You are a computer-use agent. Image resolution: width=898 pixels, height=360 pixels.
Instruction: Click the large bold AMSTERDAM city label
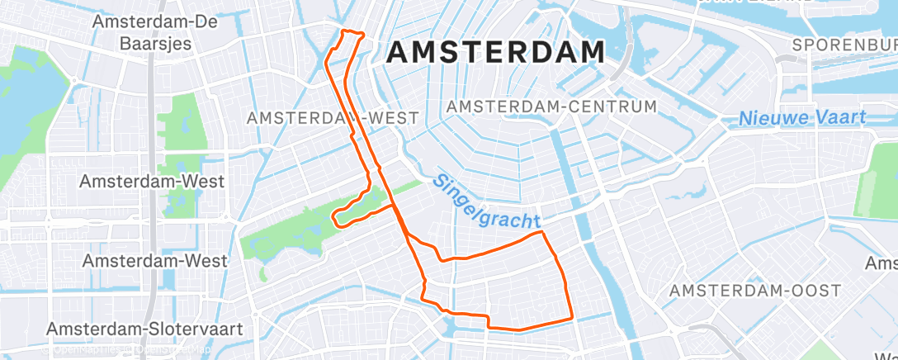click(x=495, y=53)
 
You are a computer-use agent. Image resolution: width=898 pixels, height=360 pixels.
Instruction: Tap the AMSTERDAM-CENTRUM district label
click(x=551, y=107)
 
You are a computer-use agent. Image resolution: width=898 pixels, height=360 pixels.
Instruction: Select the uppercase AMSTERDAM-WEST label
click(x=333, y=118)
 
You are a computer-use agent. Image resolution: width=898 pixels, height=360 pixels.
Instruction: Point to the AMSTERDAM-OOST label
click(x=754, y=291)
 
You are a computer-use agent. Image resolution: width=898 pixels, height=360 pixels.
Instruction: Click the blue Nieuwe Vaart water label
click(x=802, y=117)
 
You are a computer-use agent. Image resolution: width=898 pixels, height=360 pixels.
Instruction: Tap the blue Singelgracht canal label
click(x=487, y=202)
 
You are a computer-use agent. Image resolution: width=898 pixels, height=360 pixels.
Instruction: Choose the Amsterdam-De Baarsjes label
click(x=155, y=32)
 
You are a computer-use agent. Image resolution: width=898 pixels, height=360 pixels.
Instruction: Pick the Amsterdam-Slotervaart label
click(x=144, y=329)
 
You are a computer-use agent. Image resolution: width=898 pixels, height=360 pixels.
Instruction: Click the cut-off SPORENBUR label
click(x=844, y=45)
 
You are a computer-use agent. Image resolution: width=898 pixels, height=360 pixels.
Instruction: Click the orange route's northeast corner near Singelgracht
click(x=542, y=234)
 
